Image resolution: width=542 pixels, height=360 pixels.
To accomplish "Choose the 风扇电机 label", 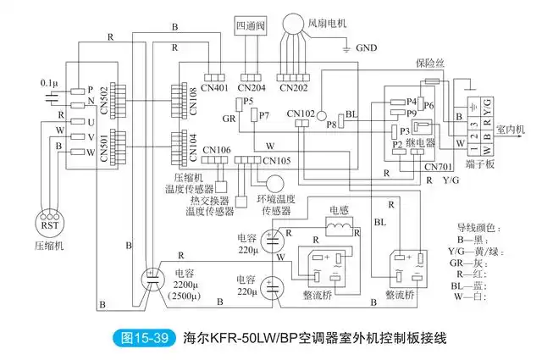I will point(338,16).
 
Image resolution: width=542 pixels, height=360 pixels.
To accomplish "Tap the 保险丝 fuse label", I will point(429,63).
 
